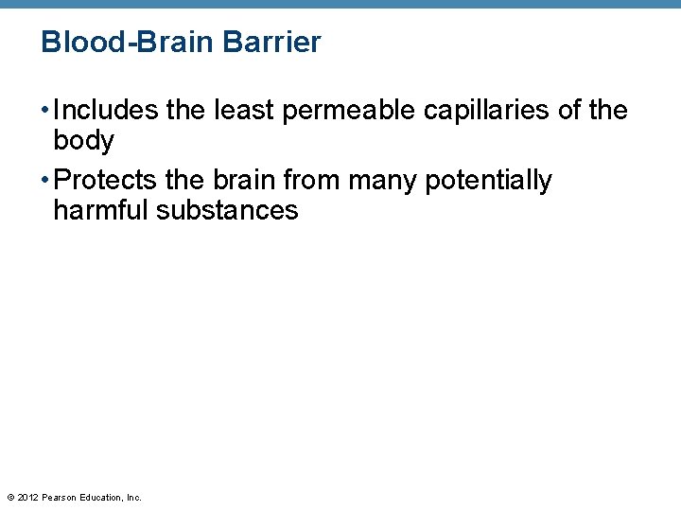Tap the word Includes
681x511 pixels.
(x=106, y=111)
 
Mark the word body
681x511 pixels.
(x=83, y=142)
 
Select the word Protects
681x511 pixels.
(x=105, y=180)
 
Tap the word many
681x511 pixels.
(x=384, y=180)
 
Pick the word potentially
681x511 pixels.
(x=489, y=180)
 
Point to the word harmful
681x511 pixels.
(x=101, y=210)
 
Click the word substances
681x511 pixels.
(x=227, y=210)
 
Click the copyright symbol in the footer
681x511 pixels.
(x=9, y=497)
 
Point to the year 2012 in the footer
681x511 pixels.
(x=26, y=497)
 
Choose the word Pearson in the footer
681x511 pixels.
(x=58, y=497)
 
